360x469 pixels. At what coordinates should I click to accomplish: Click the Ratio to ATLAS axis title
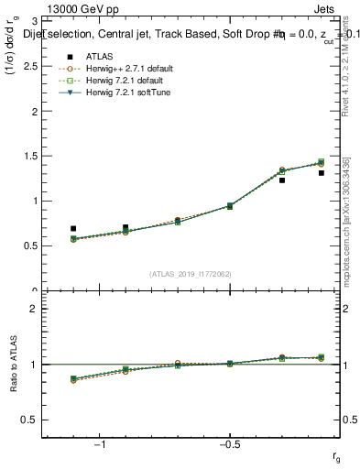(x=14, y=365)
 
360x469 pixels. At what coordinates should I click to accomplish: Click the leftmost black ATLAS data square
(x=73, y=228)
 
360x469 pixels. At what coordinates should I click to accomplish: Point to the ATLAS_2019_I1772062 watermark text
(x=191, y=273)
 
